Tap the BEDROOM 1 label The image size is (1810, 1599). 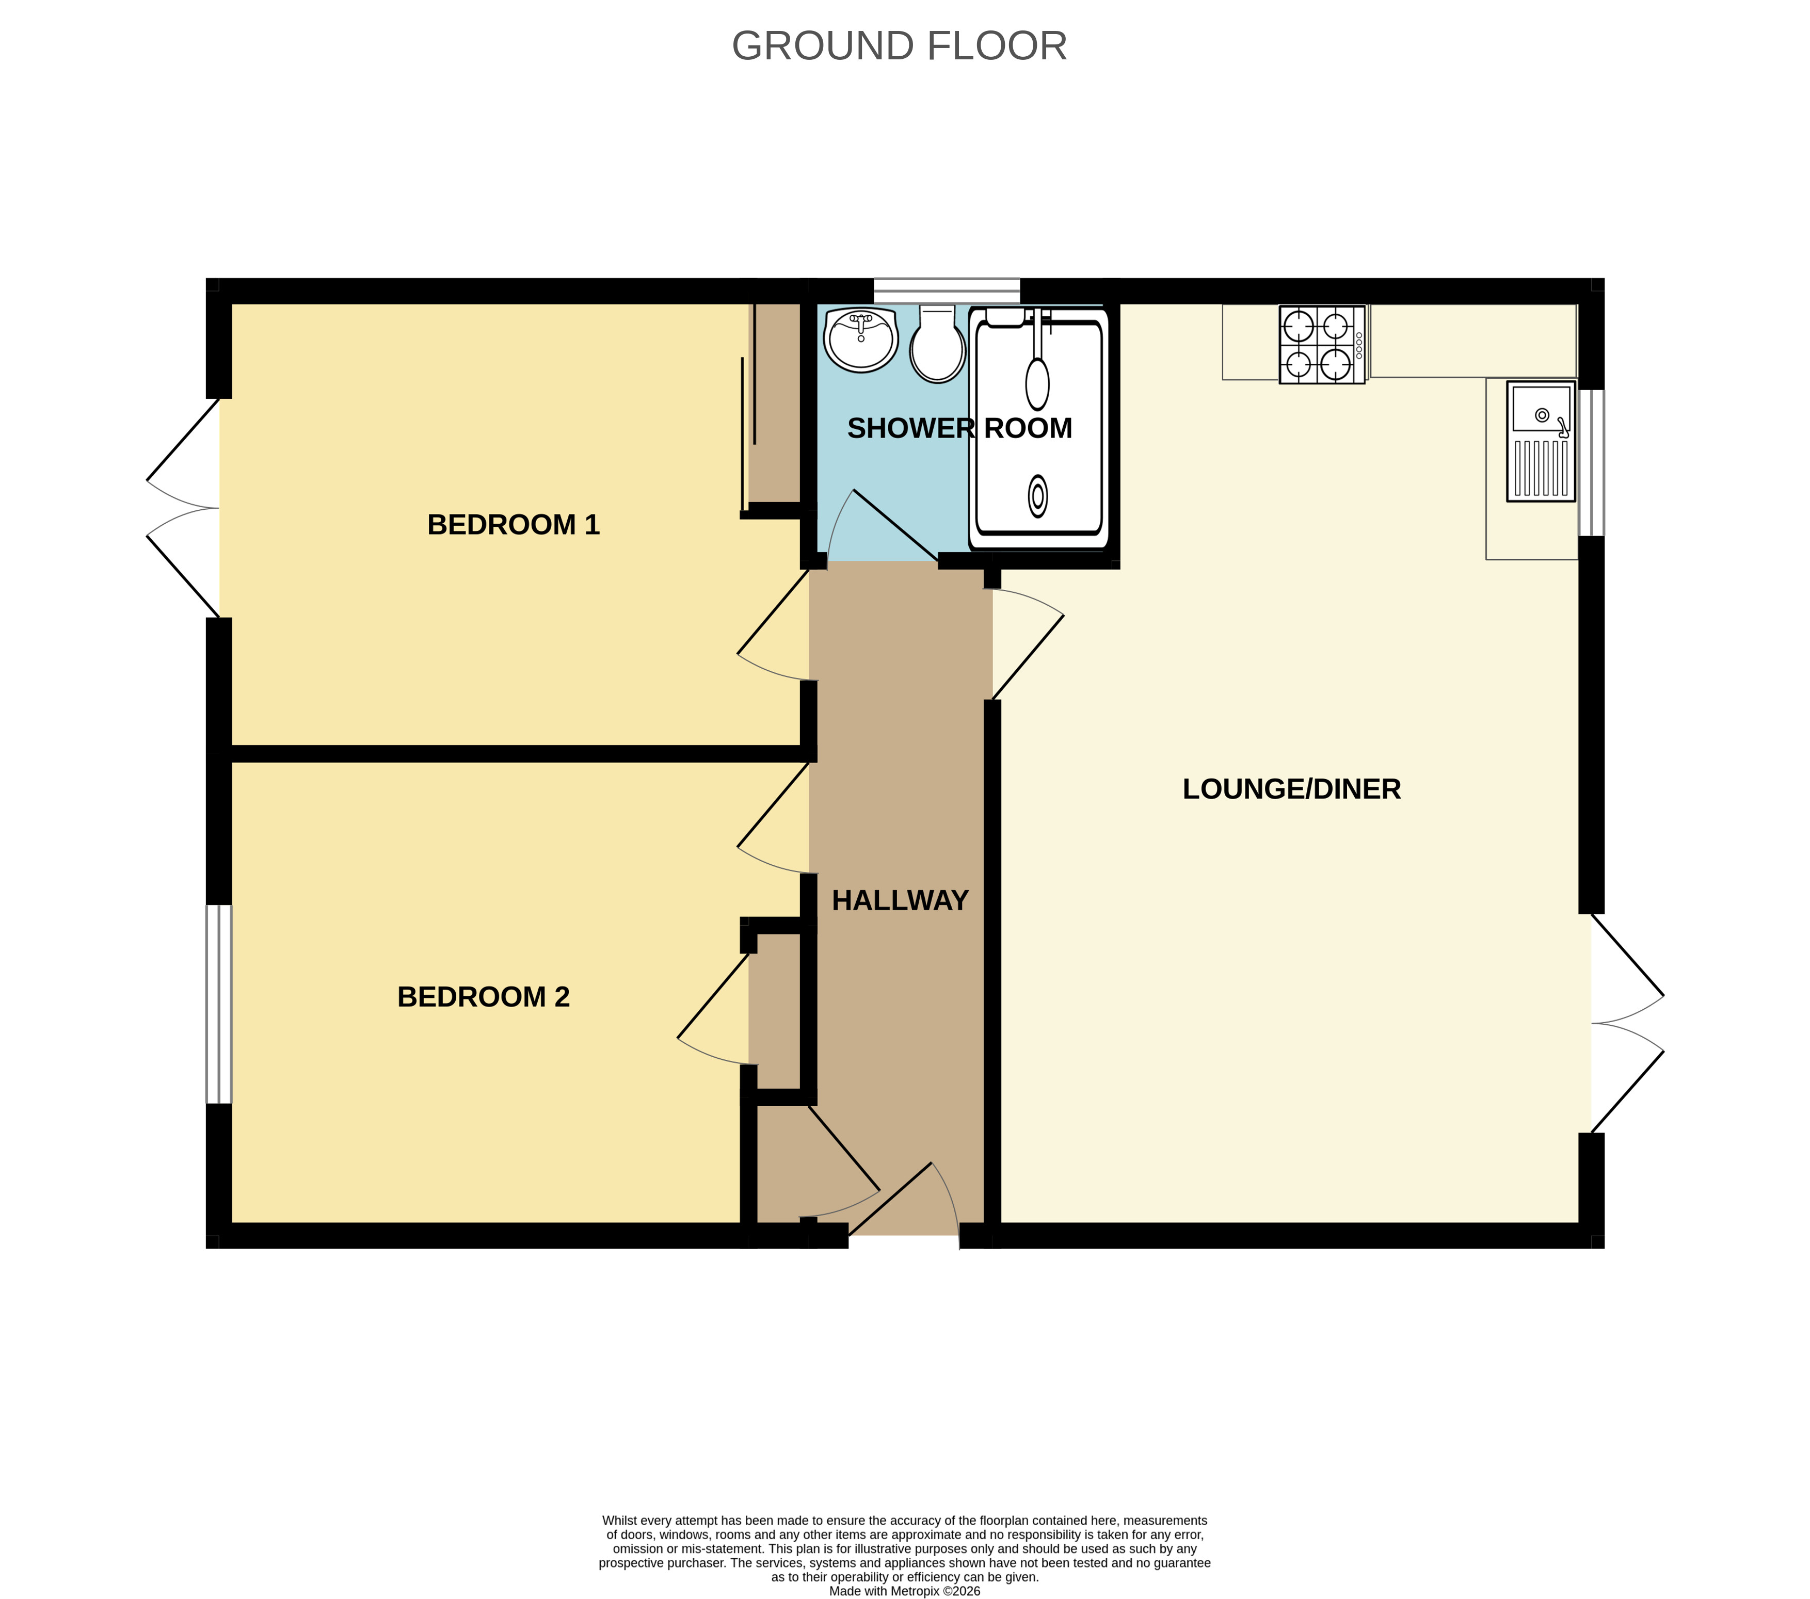pos(514,524)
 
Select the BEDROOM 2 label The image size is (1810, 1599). pos(484,997)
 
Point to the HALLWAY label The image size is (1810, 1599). pos(900,900)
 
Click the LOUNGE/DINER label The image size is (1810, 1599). pos(1292,789)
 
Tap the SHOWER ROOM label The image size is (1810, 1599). pos(960,429)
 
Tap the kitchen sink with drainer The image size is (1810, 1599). pos(1541,441)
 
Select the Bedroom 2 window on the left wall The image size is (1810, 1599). pos(219,1004)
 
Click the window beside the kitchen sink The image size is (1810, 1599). pos(1591,463)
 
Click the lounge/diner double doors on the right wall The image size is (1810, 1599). pos(1628,1024)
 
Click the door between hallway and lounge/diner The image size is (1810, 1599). pos(1027,644)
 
